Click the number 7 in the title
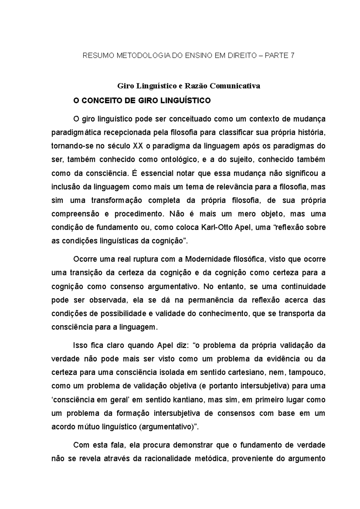point(292,55)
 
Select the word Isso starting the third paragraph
point(80,345)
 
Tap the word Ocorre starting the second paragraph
point(84,259)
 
